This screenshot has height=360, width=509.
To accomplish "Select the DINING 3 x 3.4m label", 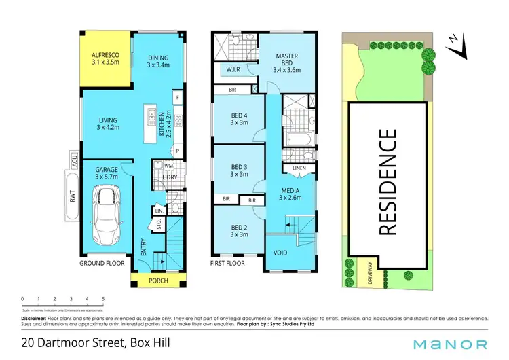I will coord(159,62).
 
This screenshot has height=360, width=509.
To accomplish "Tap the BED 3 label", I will coord(238,170).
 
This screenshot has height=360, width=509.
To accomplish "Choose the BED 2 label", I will coord(238,230).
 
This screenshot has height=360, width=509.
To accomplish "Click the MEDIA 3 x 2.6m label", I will coord(289,194).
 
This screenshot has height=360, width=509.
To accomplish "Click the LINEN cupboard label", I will coord(299,168).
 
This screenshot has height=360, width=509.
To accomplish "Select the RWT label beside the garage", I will coord(71,195).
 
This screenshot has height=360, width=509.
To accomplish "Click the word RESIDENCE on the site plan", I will coord(388,182).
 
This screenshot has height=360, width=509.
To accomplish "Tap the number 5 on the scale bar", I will coord(102,299).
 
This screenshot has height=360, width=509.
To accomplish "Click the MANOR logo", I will coord(453,344).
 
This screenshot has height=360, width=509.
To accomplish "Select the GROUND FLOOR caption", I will coord(101,262).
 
